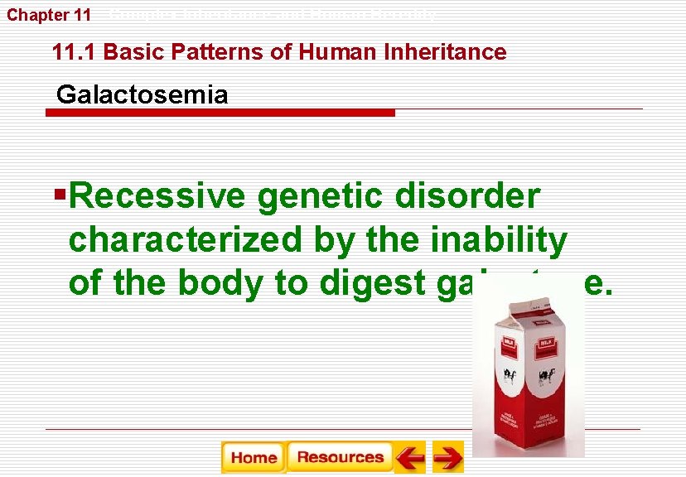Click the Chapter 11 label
(49, 15)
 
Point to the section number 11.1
(75, 52)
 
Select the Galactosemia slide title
(142, 94)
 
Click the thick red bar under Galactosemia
(220, 113)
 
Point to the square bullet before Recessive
(59, 195)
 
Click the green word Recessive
(157, 197)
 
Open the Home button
(254, 457)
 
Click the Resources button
(340, 457)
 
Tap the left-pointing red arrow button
(410, 457)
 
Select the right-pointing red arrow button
(448, 457)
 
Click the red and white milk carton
(528, 369)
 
